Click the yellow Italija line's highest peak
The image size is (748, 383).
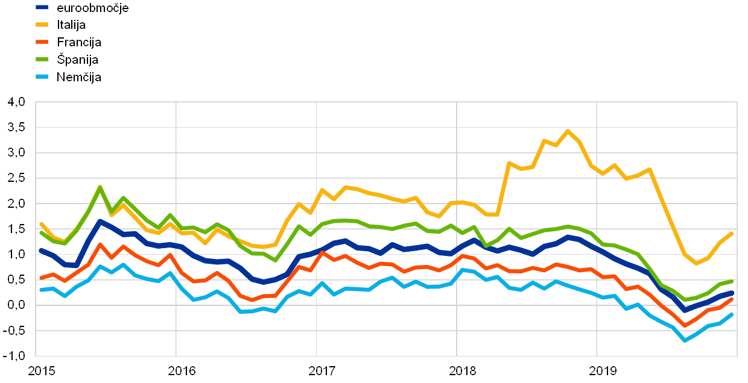pyautogui.click(x=567, y=131)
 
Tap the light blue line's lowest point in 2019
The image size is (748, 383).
pyautogui.click(x=685, y=340)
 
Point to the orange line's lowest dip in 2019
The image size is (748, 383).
pyautogui.click(x=685, y=326)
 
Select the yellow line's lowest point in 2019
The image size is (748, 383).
pyautogui.click(x=696, y=263)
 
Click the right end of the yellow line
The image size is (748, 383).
pyautogui.click(x=732, y=233)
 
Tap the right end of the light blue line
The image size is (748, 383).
pyautogui.click(x=732, y=314)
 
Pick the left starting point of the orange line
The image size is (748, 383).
pyautogui.click(x=40, y=278)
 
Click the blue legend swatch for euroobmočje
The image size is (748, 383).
pyautogui.click(x=43, y=8)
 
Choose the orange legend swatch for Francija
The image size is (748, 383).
pyautogui.click(x=43, y=42)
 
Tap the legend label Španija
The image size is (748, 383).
pyautogui.click(x=78, y=60)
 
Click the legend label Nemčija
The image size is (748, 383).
pyautogui.click(x=79, y=77)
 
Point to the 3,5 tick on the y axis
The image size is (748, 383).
pyautogui.click(x=17, y=128)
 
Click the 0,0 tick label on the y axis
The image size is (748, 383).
pyautogui.click(x=17, y=305)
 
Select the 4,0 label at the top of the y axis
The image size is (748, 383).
pyautogui.click(x=17, y=103)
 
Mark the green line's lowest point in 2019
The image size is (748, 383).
pyautogui.click(x=685, y=299)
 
